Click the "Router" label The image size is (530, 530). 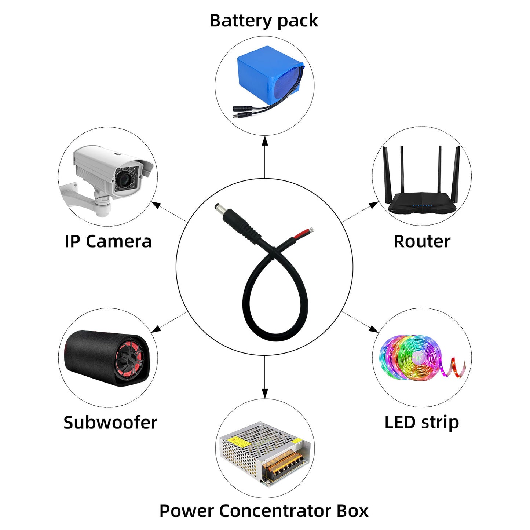point(422,241)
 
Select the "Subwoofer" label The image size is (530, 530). point(110,423)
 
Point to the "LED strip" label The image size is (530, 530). point(422,423)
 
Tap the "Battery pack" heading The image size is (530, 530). point(264,21)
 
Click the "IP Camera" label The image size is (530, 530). point(108,241)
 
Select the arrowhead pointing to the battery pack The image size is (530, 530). point(265,141)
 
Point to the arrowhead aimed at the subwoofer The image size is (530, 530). point(156,329)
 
